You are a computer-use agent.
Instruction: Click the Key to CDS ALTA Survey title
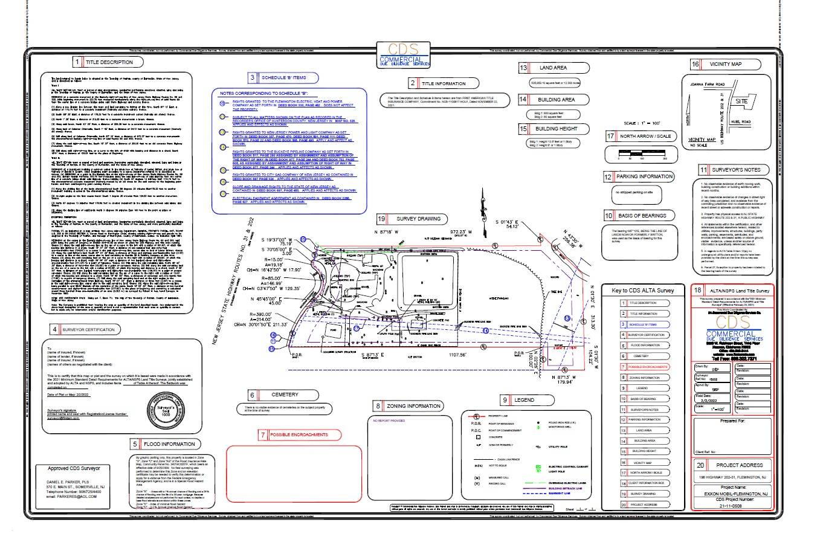click(642, 291)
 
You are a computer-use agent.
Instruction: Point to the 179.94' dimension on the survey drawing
click(566, 382)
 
